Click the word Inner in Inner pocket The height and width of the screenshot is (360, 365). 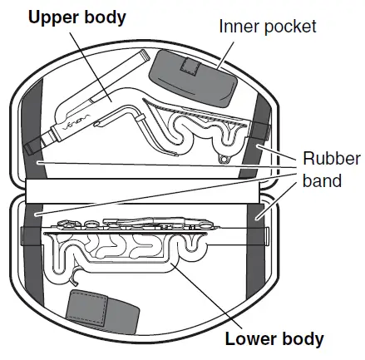pos(235,27)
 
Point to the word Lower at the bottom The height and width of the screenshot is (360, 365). pos(248,339)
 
